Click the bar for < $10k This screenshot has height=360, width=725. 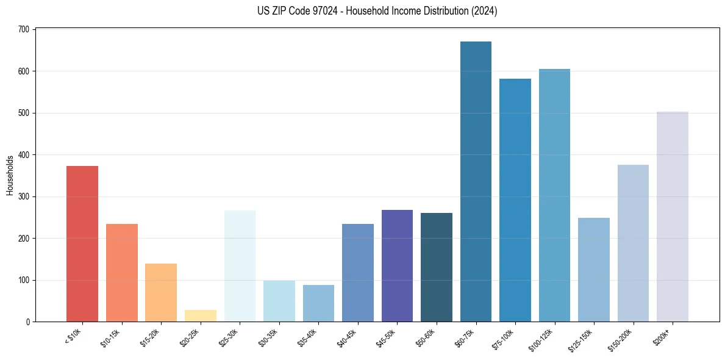point(82,244)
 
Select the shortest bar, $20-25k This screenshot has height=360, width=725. point(201,316)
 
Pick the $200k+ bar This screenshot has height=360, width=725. point(673,217)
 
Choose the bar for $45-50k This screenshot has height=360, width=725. point(397,266)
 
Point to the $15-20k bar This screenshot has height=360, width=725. point(161,293)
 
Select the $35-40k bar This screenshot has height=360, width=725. point(318,303)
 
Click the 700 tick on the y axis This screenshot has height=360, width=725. point(24,29)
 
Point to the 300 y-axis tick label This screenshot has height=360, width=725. point(24,196)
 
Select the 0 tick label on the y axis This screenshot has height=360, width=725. point(28,322)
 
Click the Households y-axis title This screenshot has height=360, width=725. point(10,175)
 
